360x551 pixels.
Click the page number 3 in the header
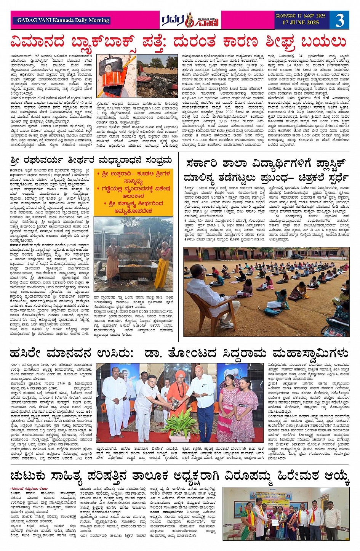tap(339, 20)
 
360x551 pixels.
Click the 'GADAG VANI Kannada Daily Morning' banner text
tap(63, 20)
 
